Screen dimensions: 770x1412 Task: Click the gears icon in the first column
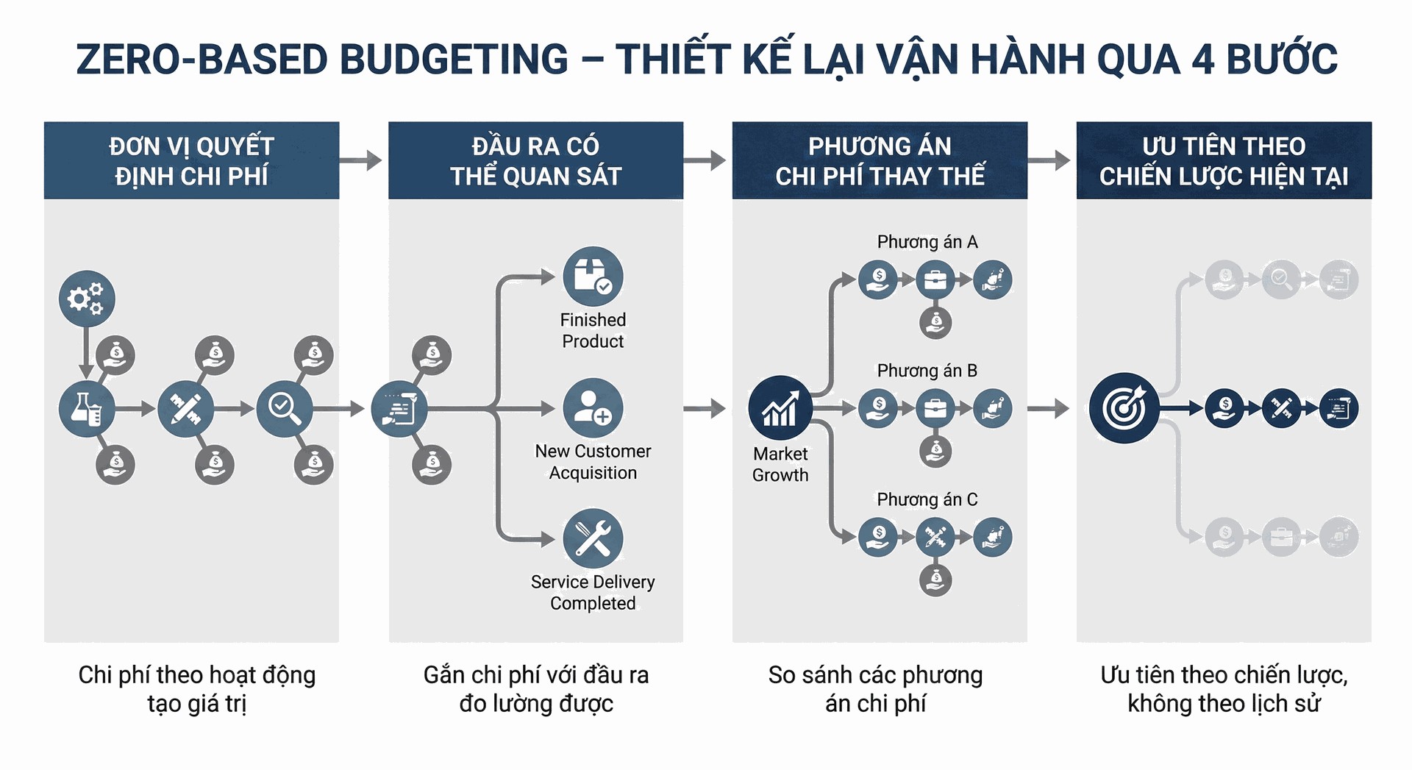tap(87, 299)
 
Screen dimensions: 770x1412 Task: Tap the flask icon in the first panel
tap(87, 409)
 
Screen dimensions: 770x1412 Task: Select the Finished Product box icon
tap(593, 277)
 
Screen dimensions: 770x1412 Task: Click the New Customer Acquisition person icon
tap(593, 408)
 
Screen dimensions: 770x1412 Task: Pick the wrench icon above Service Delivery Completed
tap(593, 538)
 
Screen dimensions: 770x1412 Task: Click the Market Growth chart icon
tap(780, 408)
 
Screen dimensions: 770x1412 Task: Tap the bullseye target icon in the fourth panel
tap(1124, 408)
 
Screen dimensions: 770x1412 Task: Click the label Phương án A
tap(927, 242)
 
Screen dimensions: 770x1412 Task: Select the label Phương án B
tap(927, 371)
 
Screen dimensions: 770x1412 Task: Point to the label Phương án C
tap(927, 499)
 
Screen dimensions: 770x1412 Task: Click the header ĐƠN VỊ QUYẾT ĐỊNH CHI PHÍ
tap(191, 161)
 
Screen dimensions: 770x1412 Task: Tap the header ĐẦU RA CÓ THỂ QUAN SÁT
tap(535, 161)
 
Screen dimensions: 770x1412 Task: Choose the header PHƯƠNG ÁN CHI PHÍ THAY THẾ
tap(880, 161)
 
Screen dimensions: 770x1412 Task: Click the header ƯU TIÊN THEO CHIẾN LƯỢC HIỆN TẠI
tap(1224, 161)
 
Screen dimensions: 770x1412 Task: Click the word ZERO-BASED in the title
tap(202, 60)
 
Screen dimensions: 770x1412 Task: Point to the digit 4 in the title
tap(1202, 60)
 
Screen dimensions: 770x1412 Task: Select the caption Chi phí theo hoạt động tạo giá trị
tap(196, 688)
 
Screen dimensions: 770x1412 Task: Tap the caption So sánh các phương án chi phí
tap(875, 688)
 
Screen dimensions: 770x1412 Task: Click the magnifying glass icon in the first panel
tap(285, 409)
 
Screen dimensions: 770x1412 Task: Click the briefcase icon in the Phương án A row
tap(935, 280)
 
